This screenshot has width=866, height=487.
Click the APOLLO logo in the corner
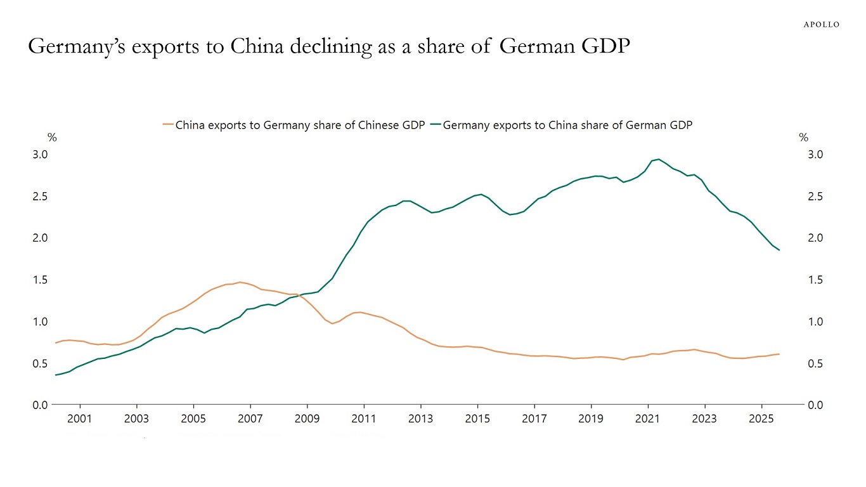[x=821, y=24]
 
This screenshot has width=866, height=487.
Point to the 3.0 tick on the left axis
[x=40, y=154]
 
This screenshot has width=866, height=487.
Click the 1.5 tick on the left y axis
[x=40, y=280]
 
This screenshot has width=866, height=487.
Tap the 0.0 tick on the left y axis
[x=40, y=405]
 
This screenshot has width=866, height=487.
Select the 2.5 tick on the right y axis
[x=815, y=196]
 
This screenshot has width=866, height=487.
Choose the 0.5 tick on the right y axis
[x=815, y=363]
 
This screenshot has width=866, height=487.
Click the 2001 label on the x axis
[x=79, y=419]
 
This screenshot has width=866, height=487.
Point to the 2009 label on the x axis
[x=307, y=419]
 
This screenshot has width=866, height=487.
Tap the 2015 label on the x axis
[x=477, y=419]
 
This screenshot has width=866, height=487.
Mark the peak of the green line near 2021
[x=659, y=159]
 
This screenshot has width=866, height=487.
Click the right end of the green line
[x=779, y=250]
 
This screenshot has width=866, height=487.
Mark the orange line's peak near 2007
[x=239, y=282]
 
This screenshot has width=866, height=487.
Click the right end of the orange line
[x=779, y=354]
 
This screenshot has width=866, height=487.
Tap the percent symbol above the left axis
[x=52, y=138]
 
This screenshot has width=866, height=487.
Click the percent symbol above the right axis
[x=803, y=138]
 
